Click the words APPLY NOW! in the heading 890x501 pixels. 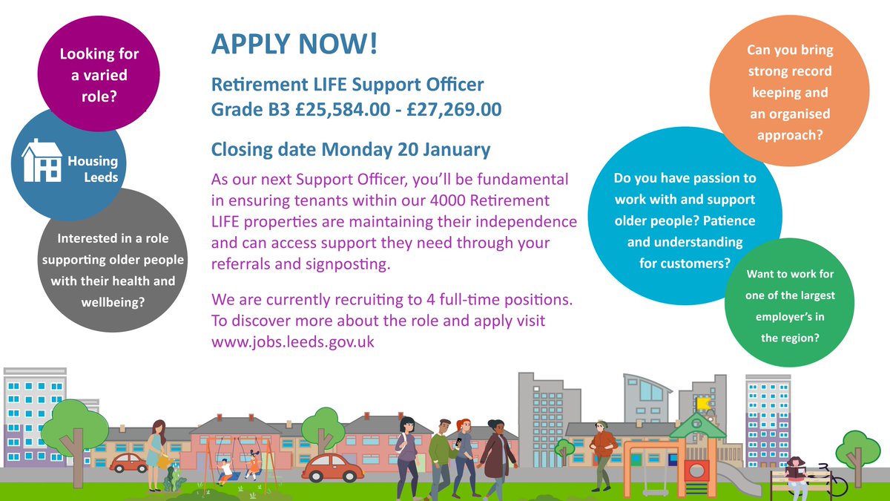(x=294, y=44)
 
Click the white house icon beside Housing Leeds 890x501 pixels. (x=41, y=161)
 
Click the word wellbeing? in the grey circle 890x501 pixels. (x=112, y=303)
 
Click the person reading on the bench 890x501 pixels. (x=797, y=471)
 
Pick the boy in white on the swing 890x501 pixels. (x=224, y=469)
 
